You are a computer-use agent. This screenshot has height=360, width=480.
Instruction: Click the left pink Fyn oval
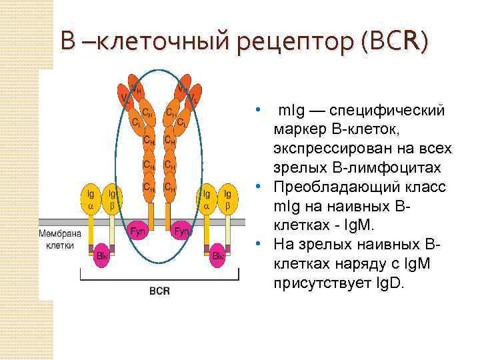137,232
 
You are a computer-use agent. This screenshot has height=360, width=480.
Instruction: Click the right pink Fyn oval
181,232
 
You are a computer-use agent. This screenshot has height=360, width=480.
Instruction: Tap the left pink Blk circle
102,256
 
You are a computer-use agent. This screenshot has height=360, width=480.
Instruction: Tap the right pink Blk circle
217,256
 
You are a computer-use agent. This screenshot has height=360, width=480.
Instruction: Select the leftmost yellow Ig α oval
90,199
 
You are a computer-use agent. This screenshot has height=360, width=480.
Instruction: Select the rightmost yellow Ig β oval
229,199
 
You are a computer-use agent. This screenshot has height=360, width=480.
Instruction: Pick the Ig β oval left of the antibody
112,199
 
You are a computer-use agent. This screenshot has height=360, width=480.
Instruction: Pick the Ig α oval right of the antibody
207,199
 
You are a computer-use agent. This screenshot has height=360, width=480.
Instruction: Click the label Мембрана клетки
59,239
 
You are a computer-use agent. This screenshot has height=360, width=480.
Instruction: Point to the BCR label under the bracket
159,291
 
